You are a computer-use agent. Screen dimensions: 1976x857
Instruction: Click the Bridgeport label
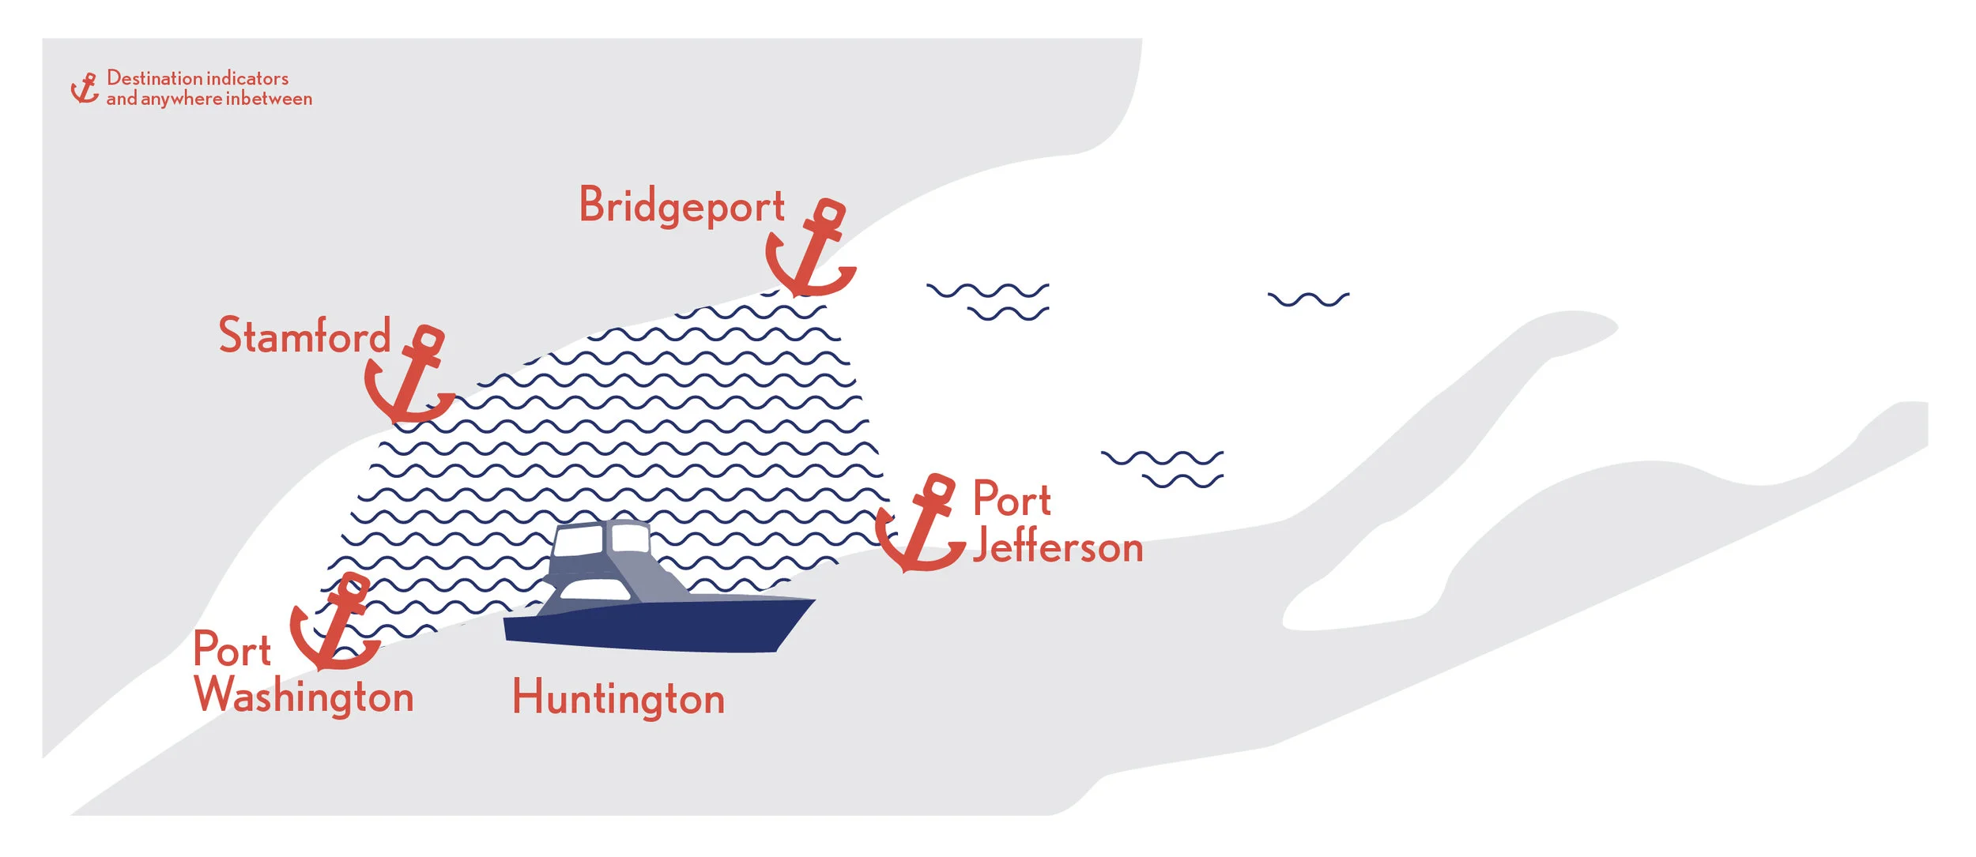point(681,206)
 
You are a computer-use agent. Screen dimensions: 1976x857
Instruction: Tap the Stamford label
point(304,336)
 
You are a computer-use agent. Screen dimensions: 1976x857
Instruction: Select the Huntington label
point(618,698)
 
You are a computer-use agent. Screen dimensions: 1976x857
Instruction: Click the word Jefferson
point(1058,547)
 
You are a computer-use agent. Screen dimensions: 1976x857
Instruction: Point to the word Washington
point(304,696)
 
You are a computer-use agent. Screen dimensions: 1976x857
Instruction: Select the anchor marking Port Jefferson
point(922,524)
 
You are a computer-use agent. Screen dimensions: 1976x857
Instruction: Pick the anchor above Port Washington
point(336,623)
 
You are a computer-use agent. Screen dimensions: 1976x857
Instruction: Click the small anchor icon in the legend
point(85,88)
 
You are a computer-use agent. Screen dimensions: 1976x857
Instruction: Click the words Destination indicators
point(198,78)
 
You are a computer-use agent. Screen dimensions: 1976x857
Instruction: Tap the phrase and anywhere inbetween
point(209,99)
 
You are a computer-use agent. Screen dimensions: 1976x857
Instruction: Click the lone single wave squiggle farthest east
point(1308,299)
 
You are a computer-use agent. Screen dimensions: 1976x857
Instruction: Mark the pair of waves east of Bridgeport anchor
point(989,302)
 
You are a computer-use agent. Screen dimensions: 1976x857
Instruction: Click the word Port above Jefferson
point(1012,498)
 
